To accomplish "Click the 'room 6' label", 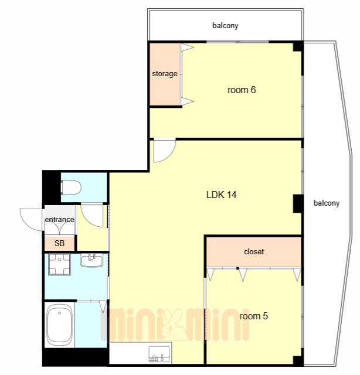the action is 242,90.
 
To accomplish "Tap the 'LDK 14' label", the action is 222,195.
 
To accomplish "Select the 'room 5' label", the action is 253,316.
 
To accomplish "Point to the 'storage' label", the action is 165,74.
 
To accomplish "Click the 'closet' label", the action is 254,251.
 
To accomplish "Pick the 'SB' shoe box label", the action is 59,243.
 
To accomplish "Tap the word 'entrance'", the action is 59,219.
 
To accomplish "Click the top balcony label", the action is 225,25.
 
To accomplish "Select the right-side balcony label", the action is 327,203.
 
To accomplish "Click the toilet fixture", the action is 71,187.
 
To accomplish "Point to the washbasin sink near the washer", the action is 92,261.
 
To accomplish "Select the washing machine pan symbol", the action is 59,264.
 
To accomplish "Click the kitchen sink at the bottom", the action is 159,354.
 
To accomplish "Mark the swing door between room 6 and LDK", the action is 164,151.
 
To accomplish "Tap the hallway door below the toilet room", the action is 92,215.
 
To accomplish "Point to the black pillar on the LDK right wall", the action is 298,204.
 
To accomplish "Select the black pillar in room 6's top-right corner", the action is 298,47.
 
